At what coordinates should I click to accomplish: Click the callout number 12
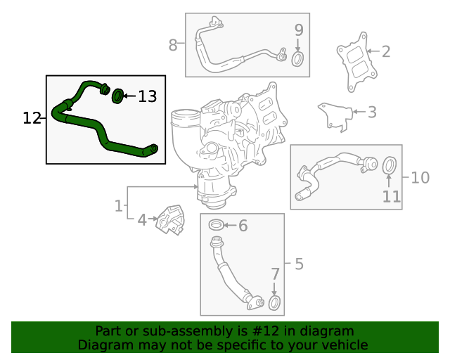click(x=32, y=118)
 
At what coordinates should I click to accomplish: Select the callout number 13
click(x=147, y=96)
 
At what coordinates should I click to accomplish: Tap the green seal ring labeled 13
click(x=118, y=94)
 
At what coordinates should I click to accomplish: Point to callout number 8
click(x=173, y=46)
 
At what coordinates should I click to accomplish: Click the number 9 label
click(x=298, y=30)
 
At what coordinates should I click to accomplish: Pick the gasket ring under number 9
click(x=297, y=58)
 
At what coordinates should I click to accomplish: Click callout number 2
click(x=385, y=51)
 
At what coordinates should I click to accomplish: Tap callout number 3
click(x=372, y=112)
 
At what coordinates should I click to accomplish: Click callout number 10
click(x=420, y=177)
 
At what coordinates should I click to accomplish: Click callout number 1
click(x=119, y=206)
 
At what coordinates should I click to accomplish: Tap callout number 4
click(x=141, y=220)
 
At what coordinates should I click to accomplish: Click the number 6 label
click(x=243, y=226)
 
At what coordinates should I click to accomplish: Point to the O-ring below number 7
click(x=275, y=303)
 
